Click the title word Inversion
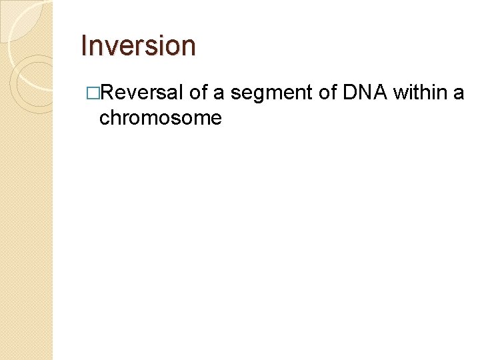coord(138,46)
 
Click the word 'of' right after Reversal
coord(199,92)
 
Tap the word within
coord(420,92)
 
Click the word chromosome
coord(160,118)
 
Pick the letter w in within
coord(401,92)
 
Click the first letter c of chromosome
coord(104,119)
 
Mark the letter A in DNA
coord(379,92)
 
